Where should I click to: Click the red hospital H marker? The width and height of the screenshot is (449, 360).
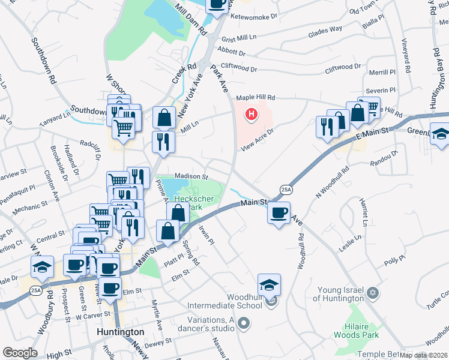(252, 113)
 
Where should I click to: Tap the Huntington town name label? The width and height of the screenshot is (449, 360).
(120, 332)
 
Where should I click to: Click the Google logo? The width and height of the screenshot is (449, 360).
(20, 353)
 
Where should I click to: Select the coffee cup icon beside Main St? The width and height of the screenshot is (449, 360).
(279, 212)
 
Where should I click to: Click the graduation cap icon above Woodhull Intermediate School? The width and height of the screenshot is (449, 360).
(269, 284)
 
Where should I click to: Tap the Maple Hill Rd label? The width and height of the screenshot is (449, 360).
(255, 97)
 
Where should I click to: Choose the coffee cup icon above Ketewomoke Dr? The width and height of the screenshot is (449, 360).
(217, 4)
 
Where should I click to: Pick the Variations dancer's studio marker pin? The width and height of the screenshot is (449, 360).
(243, 325)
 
